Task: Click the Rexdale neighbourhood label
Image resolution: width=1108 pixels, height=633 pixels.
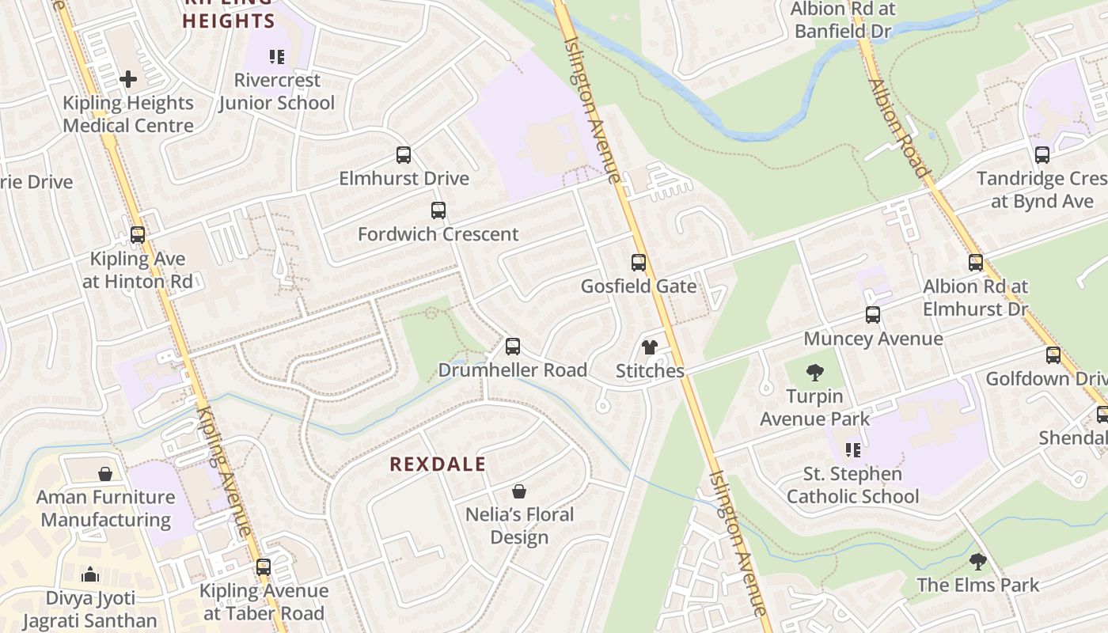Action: (438, 464)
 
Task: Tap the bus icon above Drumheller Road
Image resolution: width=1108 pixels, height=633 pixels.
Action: (513, 347)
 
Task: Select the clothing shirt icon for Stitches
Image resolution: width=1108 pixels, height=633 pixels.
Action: (650, 347)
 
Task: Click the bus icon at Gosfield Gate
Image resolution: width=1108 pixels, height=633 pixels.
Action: (639, 263)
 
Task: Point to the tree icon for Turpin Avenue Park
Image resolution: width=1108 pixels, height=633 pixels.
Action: (815, 373)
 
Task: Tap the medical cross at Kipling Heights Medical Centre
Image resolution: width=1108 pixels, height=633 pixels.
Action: (128, 79)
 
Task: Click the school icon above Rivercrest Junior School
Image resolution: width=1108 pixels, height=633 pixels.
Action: (276, 57)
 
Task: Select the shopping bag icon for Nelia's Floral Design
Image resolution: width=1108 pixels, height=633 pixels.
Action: (519, 491)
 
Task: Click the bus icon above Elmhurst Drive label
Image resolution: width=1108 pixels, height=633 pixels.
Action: (404, 155)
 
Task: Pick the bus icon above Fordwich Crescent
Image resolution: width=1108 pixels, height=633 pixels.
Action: (438, 210)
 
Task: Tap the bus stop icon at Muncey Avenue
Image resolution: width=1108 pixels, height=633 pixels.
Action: (873, 316)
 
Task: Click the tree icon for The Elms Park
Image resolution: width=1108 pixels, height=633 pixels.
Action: (978, 562)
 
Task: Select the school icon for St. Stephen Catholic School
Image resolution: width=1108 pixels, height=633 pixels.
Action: (853, 450)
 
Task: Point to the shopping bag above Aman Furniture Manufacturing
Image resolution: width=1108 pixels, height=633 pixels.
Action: (105, 474)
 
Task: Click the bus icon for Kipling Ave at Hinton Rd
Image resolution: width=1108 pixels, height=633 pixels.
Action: (138, 235)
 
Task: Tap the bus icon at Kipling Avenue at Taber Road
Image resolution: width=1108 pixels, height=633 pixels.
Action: (264, 567)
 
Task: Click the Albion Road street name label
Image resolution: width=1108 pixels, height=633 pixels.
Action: (898, 127)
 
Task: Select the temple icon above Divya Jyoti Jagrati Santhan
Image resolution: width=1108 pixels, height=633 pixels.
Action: (90, 574)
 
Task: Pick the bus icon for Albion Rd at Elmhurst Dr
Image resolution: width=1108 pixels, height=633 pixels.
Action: (976, 263)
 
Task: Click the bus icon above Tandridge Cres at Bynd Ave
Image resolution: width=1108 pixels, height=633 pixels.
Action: (1042, 155)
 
